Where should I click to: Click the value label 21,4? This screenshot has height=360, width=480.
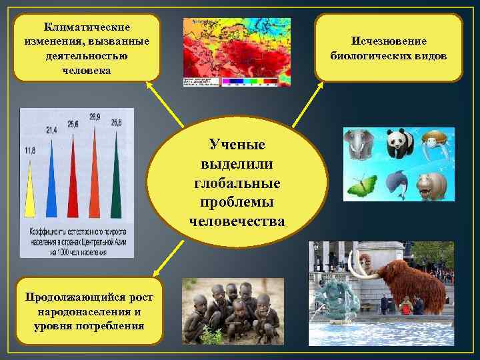click(51, 129)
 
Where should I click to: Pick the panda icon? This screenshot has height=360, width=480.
click(399, 143)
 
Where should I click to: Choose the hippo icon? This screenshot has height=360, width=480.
click(433, 185)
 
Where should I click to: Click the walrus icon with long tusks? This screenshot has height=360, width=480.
click(434, 143)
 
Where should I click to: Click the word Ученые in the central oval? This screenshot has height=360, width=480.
click(237, 145)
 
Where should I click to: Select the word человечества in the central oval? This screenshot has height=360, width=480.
click(237, 221)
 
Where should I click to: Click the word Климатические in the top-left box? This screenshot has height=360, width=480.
click(87, 27)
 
